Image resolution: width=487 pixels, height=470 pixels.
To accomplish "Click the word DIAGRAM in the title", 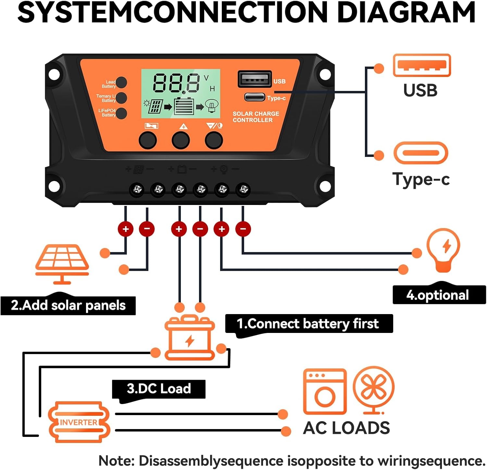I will (406, 12).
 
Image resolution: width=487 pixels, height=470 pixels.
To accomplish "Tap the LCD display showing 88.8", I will (181, 94).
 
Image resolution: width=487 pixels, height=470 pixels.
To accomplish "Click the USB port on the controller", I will (255, 79).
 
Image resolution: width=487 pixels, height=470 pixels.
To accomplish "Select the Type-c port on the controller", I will (255, 97).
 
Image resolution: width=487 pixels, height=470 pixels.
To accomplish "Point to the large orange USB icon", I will (422, 65).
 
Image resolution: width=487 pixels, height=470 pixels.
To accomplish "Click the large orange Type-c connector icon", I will (421, 153).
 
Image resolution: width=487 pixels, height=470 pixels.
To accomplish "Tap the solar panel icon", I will (62, 263).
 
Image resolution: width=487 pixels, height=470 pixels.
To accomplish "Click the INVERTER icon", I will (79, 422).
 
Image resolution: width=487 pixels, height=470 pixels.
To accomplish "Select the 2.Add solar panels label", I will (68, 305).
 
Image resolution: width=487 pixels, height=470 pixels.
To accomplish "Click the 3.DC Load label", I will (159, 389).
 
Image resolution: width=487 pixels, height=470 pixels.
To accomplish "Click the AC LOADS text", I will (346, 428).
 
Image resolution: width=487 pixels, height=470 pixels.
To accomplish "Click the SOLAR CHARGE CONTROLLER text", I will (256, 117).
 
